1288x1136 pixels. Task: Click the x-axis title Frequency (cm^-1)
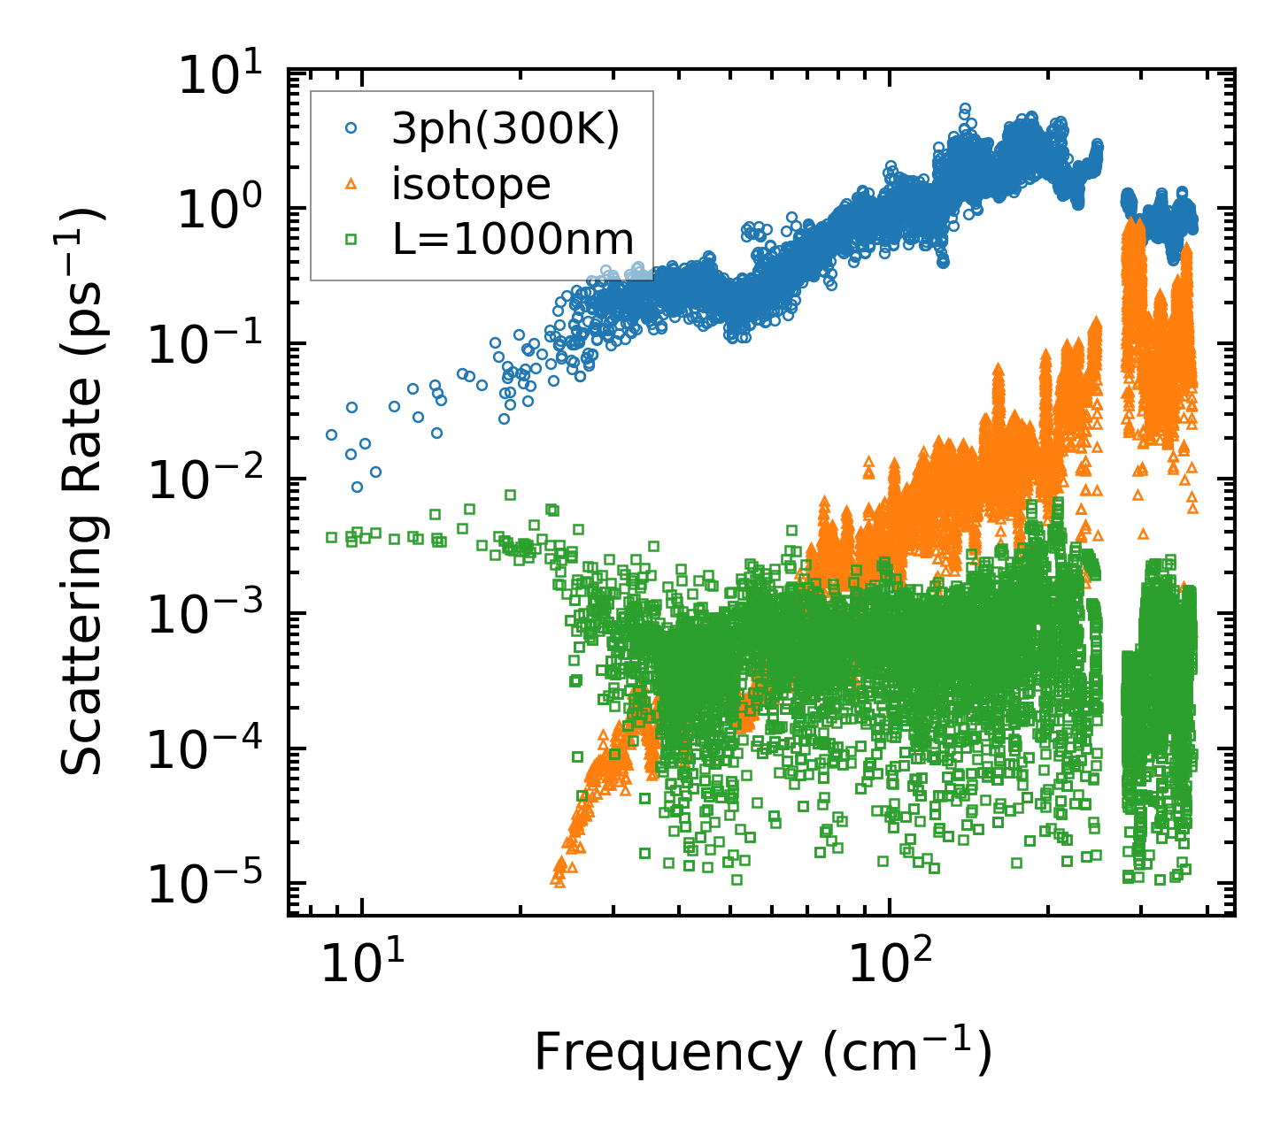pos(762,1053)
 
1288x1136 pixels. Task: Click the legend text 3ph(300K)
pos(505,130)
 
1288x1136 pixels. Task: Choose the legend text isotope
pos(472,185)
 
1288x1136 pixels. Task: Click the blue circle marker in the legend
pos(351,129)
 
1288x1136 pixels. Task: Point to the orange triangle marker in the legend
pos(351,184)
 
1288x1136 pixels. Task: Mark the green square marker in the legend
pos(351,239)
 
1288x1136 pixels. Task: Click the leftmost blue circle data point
pos(331,434)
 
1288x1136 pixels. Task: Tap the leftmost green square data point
pos(331,537)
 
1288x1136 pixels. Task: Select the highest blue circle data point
pos(965,108)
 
